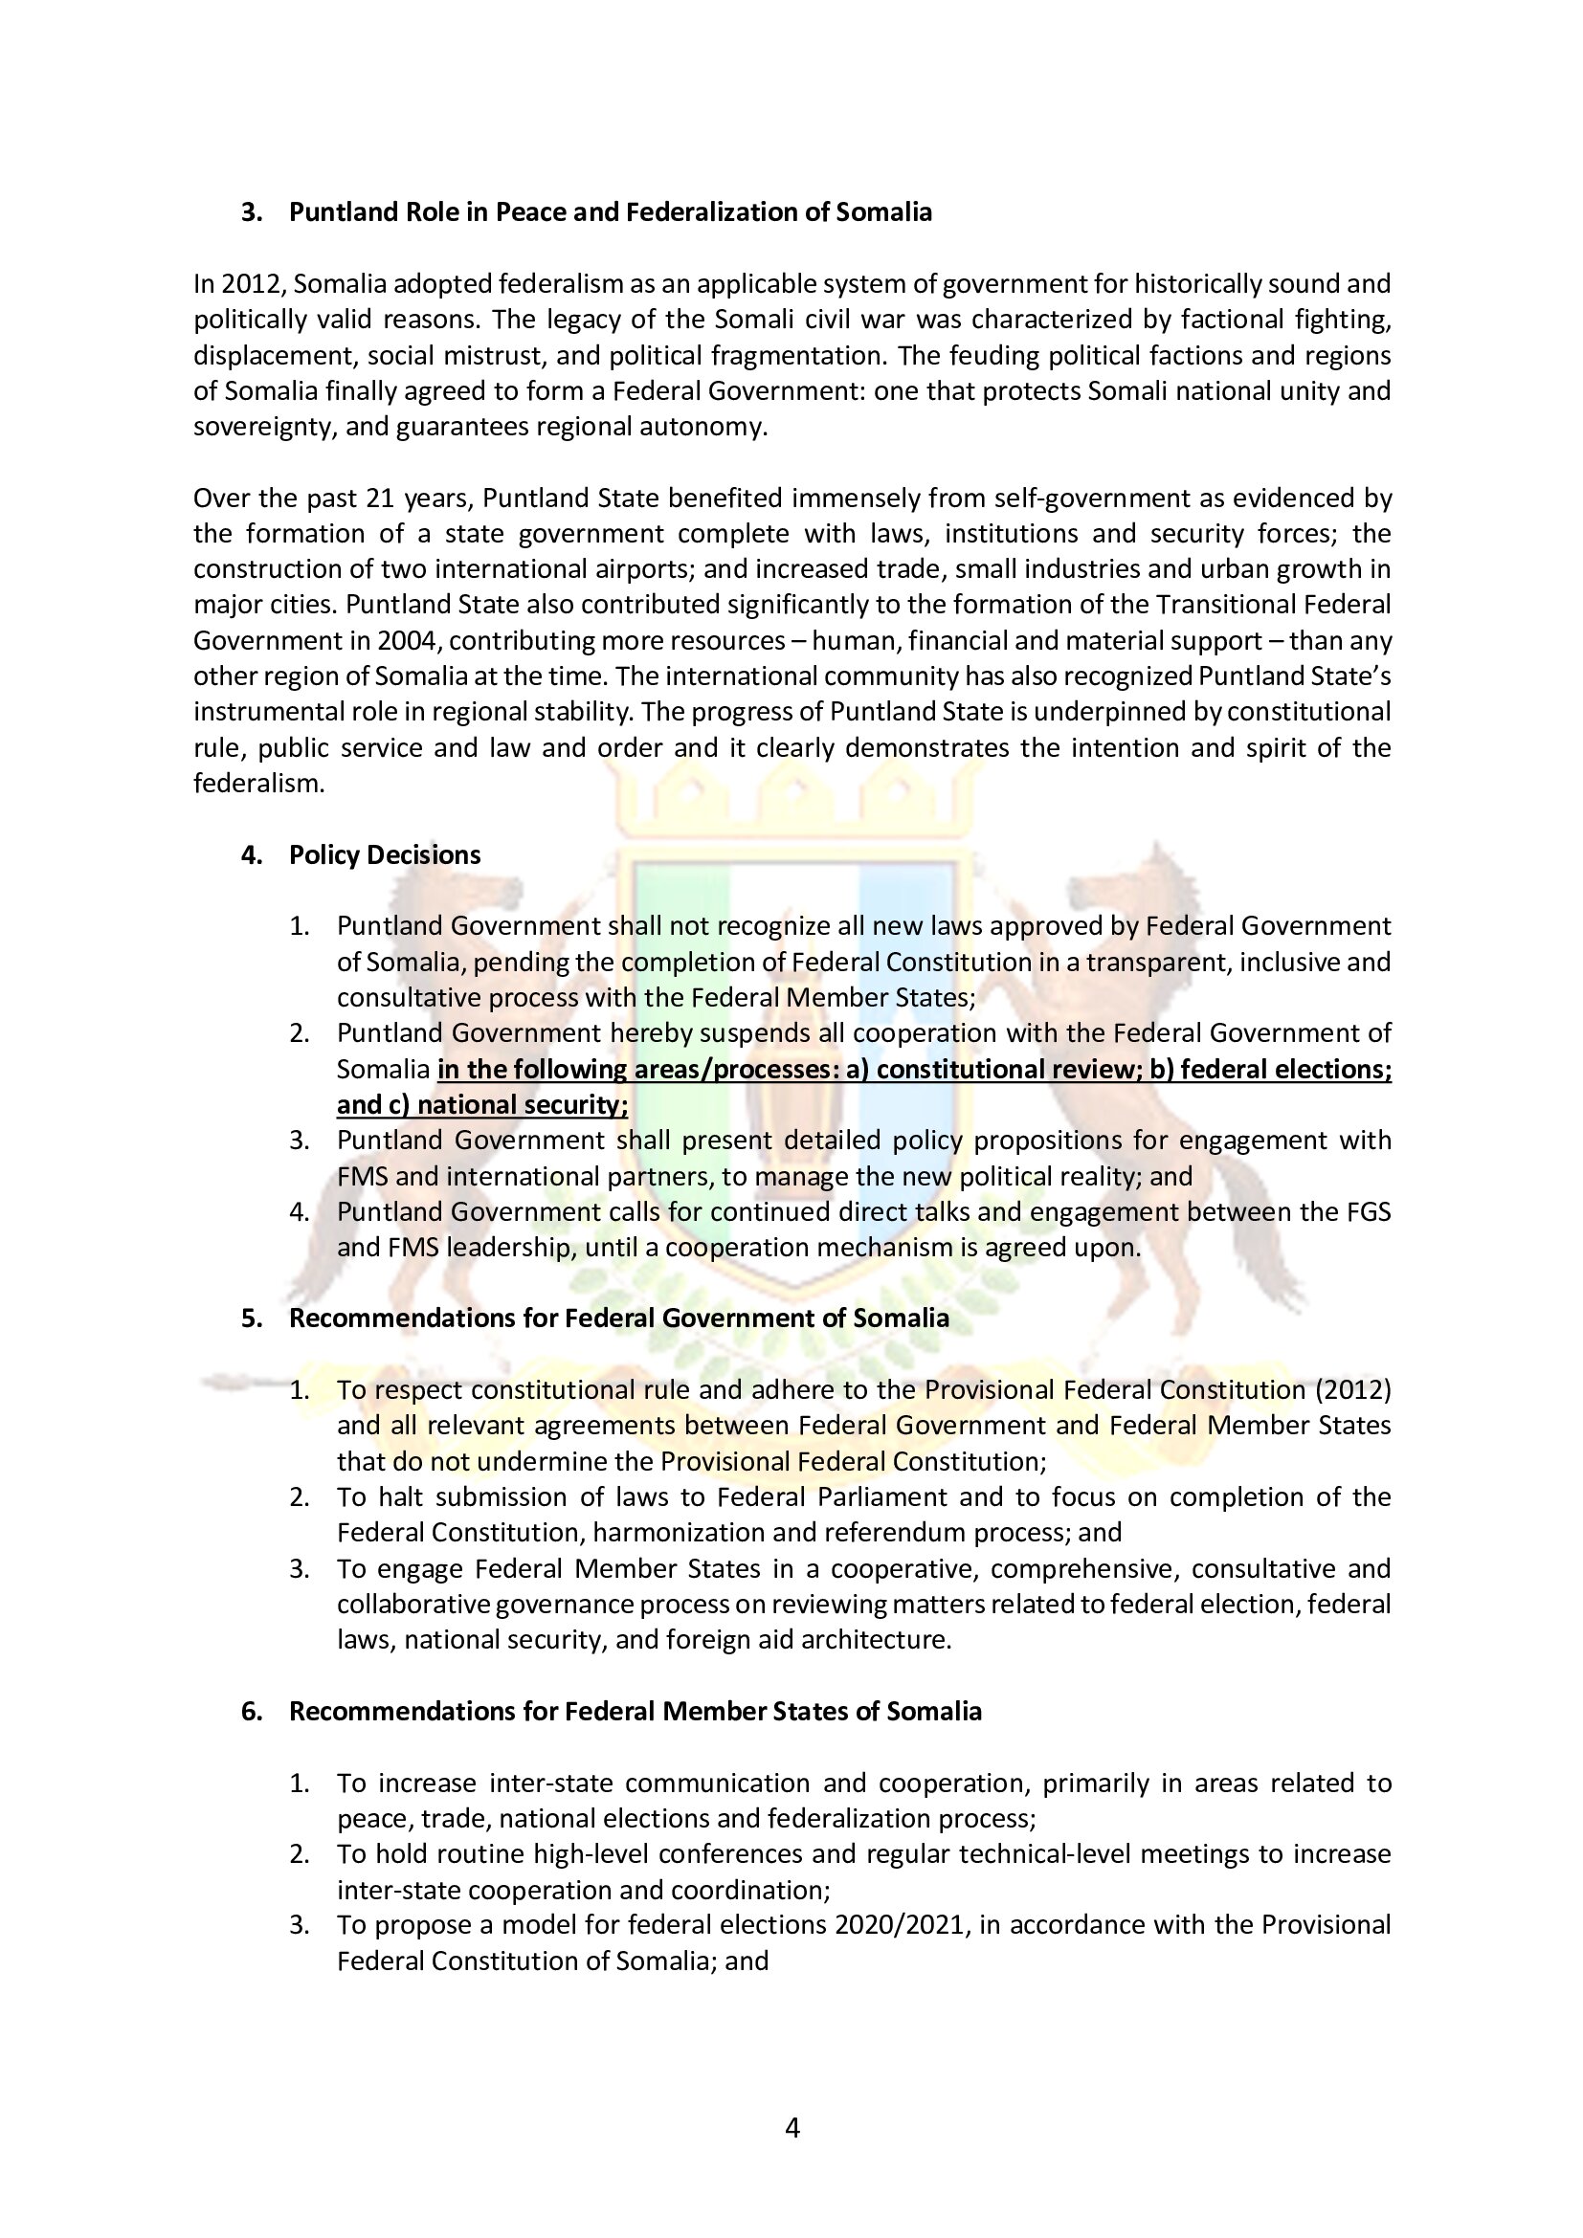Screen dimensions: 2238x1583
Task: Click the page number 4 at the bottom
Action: (x=791, y=2128)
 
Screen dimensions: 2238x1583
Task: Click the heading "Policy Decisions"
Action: (x=384, y=854)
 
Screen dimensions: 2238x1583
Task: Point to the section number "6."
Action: (x=253, y=1712)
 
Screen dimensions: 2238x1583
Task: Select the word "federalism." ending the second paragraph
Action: (x=258, y=784)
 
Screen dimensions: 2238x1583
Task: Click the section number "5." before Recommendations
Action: (x=253, y=1318)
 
